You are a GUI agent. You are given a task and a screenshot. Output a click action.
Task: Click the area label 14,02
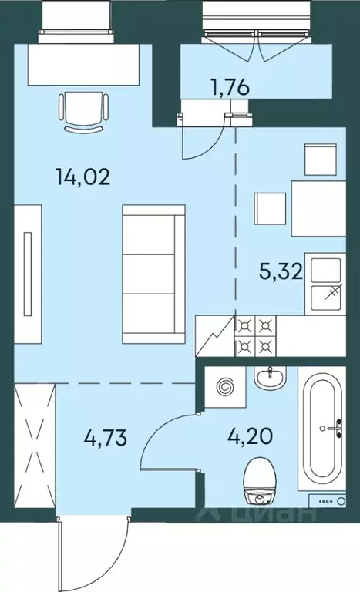[x=82, y=177]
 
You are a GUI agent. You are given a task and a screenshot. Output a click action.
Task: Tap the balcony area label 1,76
[x=230, y=87]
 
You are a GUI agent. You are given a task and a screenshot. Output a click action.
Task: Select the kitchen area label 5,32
[x=281, y=271]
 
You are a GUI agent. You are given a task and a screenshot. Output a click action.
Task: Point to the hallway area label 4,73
[x=105, y=438]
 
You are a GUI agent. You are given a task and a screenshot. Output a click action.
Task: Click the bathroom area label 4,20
[x=250, y=436]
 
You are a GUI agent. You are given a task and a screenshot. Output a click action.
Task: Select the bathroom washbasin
[x=270, y=378]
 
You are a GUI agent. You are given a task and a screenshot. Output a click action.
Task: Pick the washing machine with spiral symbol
[x=225, y=387]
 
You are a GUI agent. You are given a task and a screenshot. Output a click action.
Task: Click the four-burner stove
[x=256, y=335]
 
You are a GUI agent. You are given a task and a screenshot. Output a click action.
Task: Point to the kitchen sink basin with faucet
[x=325, y=284]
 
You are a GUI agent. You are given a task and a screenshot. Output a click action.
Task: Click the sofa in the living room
[x=153, y=274]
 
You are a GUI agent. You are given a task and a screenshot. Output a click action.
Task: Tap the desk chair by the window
[x=84, y=111]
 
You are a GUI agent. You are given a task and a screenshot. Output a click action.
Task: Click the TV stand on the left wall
[x=28, y=274]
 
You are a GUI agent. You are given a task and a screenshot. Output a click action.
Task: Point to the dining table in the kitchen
[x=318, y=208]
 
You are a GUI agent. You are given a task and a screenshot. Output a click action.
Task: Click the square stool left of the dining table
[x=270, y=208]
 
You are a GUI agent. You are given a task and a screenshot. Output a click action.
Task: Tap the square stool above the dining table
[x=321, y=160]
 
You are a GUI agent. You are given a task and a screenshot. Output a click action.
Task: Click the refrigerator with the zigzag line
[x=215, y=335]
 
